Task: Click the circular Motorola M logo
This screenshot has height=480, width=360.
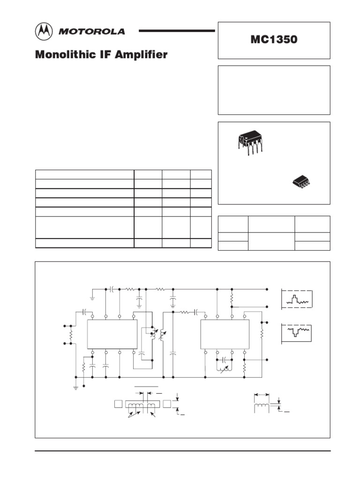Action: [45, 32]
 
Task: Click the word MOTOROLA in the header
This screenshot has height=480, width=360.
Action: [91, 32]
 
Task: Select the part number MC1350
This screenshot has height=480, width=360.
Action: [274, 40]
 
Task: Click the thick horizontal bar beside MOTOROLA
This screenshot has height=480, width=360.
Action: [177, 30]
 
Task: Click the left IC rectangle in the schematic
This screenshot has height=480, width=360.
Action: [112, 334]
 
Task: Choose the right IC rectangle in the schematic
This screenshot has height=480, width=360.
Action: [225, 334]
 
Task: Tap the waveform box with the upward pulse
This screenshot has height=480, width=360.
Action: [297, 300]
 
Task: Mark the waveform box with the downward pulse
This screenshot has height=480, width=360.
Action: [297, 332]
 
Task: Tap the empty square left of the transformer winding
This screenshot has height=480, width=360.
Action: [118, 404]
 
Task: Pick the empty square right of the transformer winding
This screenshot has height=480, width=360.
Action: [167, 404]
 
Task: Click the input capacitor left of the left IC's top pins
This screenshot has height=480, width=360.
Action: [84, 311]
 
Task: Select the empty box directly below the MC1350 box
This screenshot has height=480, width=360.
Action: [274, 90]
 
